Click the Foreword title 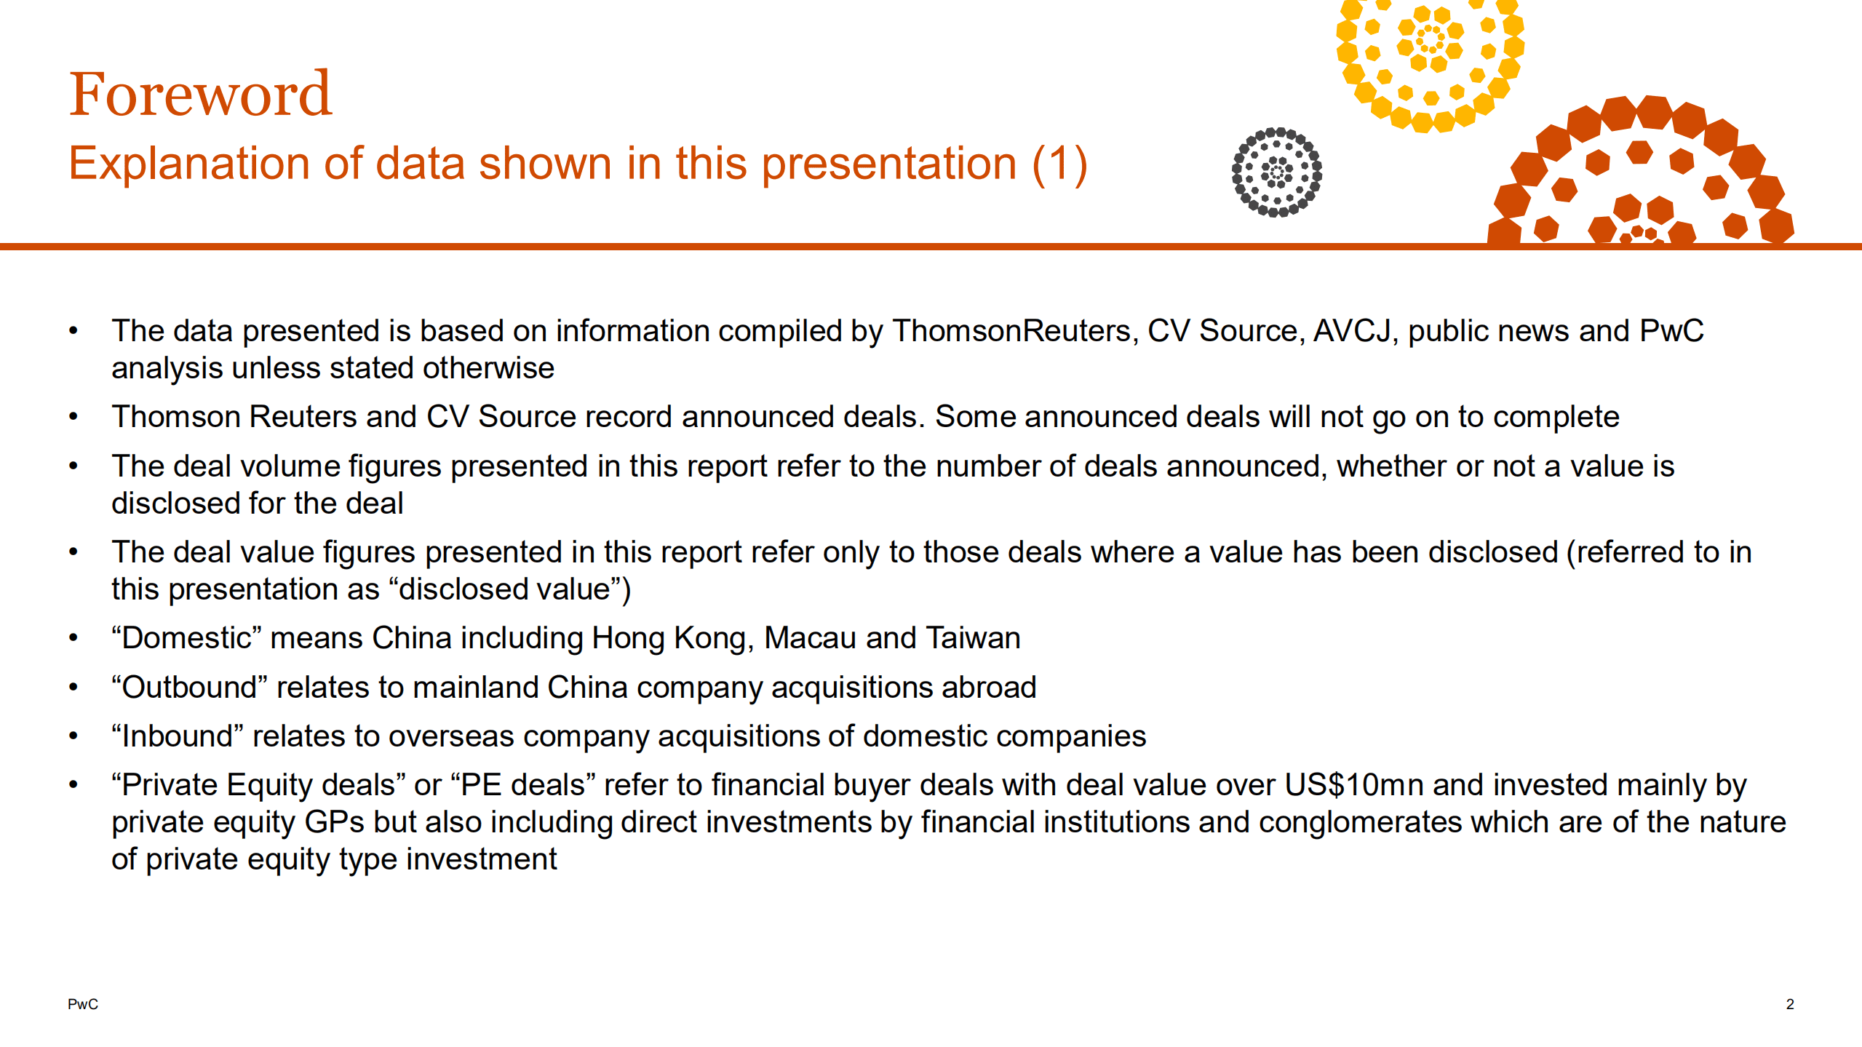pyautogui.click(x=200, y=95)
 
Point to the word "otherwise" pyautogui.click(x=488, y=368)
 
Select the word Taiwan pyautogui.click(x=973, y=638)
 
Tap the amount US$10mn pyautogui.click(x=1353, y=785)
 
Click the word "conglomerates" pyautogui.click(x=1360, y=822)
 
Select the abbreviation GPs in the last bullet pyautogui.click(x=334, y=822)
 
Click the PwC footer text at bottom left pyautogui.click(x=83, y=1004)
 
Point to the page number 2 pyautogui.click(x=1789, y=1004)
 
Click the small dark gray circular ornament pyautogui.click(x=1277, y=172)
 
